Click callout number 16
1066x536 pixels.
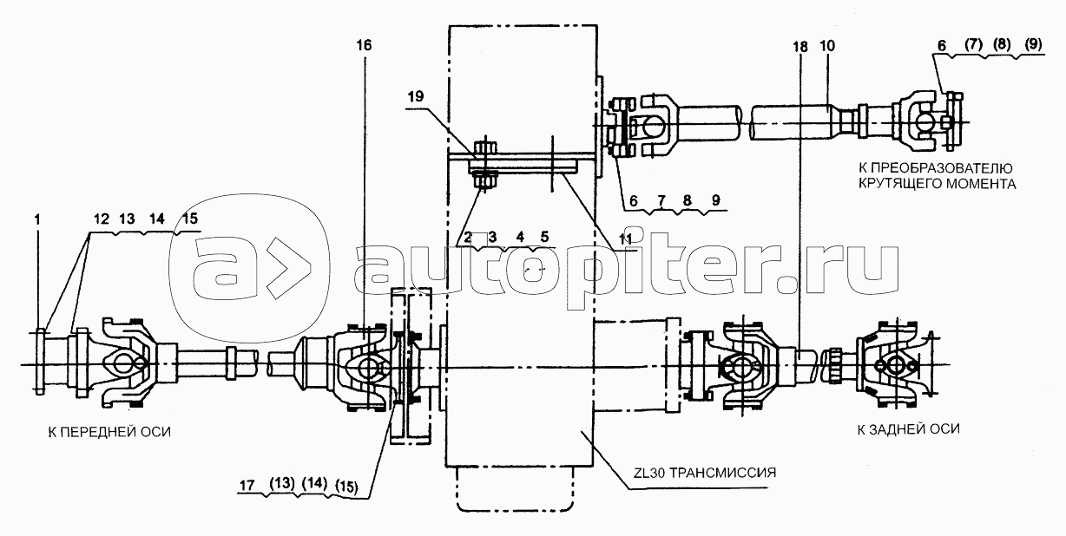coord(364,46)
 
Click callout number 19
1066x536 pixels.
coord(416,96)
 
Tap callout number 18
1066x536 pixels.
coord(800,47)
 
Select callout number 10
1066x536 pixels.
coord(827,46)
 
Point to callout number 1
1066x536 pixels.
coord(37,219)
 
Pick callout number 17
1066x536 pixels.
coord(247,486)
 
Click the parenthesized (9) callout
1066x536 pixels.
coord(1033,45)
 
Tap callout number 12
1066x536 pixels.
coord(102,219)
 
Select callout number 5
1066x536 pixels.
coord(544,237)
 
